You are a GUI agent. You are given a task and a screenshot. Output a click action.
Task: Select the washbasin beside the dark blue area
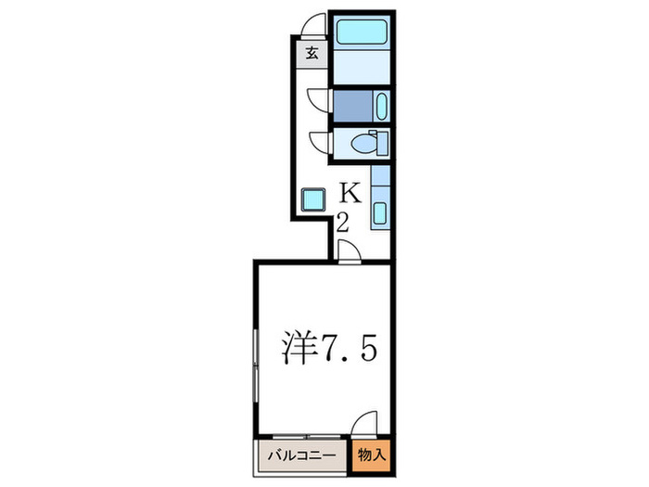[379, 107]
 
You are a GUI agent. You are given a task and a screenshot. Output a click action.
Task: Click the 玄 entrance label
[312, 53]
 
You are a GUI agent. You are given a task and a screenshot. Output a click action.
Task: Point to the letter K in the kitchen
[350, 192]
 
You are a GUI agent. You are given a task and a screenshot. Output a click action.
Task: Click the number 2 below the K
[342, 223]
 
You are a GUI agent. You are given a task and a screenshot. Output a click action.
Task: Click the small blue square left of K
[312, 199]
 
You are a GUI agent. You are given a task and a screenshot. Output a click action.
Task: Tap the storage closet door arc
[365, 423]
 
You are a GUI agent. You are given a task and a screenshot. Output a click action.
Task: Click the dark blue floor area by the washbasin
[351, 107]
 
